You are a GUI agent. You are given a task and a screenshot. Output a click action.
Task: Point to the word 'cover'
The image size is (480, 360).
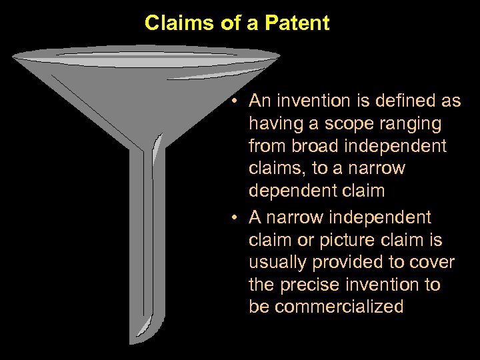point(433,262)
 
